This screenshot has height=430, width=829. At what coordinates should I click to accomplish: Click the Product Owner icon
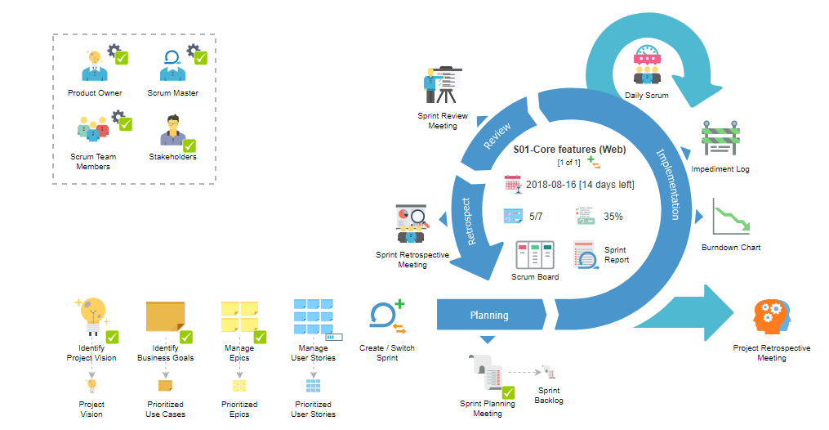click(94, 66)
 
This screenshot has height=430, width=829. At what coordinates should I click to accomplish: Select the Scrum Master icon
click(173, 66)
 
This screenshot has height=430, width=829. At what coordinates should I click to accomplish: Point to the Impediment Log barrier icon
click(720, 140)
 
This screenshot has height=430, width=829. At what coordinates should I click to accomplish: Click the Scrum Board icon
click(534, 255)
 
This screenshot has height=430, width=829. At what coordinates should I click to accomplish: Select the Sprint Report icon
click(586, 255)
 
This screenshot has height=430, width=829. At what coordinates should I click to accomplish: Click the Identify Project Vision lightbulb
click(91, 315)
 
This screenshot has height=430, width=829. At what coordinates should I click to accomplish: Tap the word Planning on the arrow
click(488, 315)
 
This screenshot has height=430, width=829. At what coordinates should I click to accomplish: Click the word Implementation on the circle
click(668, 183)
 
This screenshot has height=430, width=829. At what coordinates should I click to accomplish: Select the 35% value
click(613, 217)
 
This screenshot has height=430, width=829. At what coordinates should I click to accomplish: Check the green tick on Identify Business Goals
click(186, 336)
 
